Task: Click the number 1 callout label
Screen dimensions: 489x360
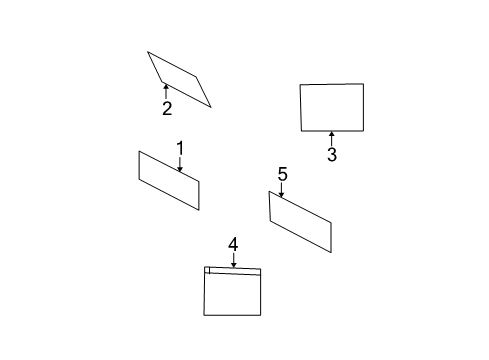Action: [x=180, y=148]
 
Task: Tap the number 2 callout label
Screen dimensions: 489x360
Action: [x=167, y=108]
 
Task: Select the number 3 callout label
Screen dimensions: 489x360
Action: [x=332, y=154]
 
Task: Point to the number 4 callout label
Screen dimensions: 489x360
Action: [x=233, y=244]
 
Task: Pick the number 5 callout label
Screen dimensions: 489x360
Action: [x=282, y=174]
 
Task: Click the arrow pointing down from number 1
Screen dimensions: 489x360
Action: [x=180, y=164]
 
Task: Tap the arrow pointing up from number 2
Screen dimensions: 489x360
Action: [x=166, y=92]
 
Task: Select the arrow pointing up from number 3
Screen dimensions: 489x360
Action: [x=331, y=139]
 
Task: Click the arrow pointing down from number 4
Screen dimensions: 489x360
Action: [x=234, y=260]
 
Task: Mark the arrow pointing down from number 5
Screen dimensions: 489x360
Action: [x=282, y=190]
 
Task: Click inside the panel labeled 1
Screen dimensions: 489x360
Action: [x=169, y=180]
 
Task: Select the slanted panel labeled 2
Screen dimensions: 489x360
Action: [x=179, y=79]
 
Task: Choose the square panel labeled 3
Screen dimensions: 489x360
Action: [x=332, y=107]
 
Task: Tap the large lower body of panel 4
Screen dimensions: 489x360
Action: [x=232, y=293]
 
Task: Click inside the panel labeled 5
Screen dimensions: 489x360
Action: [x=300, y=222]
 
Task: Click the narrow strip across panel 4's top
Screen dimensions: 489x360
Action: [x=235, y=271]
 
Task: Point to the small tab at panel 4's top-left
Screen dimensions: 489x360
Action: [x=207, y=270]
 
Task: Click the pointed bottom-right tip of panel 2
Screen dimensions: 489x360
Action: [x=211, y=107]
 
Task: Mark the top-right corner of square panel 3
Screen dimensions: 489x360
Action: [x=363, y=84]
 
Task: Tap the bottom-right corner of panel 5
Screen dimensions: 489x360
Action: [x=331, y=252]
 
